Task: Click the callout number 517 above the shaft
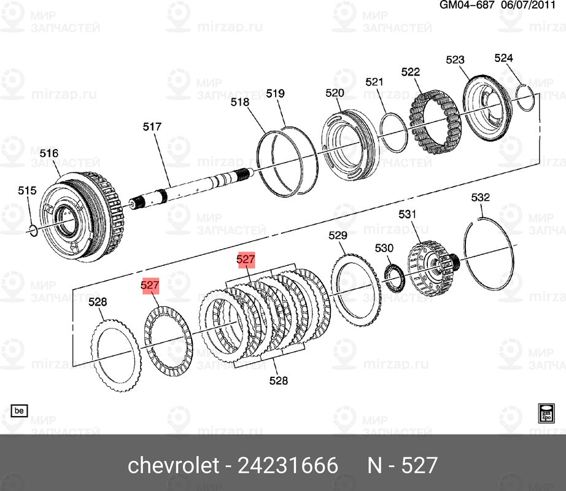tap(152, 127)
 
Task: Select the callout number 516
tap(49, 153)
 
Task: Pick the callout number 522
tap(411, 72)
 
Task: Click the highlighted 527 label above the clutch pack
tap(246, 260)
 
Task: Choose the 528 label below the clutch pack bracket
tap(279, 381)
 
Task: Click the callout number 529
tap(338, 235)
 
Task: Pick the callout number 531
tap(407, 214)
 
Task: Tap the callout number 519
tap(275, 93)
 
